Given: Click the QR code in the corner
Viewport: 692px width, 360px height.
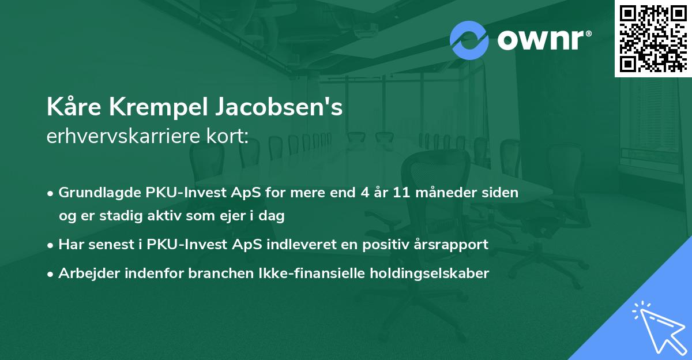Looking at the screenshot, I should pos(653,38).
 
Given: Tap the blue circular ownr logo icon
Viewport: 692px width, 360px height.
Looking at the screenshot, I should pos(469,40).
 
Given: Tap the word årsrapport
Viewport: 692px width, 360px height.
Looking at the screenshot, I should pos(453,245).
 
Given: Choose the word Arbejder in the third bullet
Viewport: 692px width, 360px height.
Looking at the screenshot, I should pos(85,273).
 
